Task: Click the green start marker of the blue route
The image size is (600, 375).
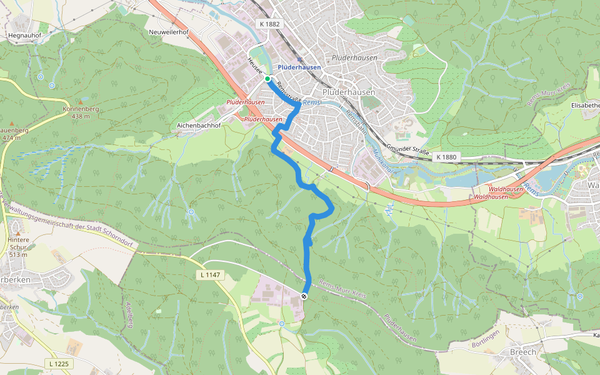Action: point(267,79)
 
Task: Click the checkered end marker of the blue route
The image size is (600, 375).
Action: point(304,296)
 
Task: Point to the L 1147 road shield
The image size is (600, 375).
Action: point(211,274)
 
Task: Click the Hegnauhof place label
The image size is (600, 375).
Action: point(24,36)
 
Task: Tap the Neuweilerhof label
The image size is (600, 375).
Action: point(169,32)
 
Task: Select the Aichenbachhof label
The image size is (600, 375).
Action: point(199,125)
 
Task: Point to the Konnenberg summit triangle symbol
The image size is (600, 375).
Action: point(81,101)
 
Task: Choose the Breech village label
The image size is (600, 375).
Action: point(523,352)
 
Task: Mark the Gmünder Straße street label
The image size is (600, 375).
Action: point(407,150)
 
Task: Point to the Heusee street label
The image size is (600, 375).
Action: point(254,64)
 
